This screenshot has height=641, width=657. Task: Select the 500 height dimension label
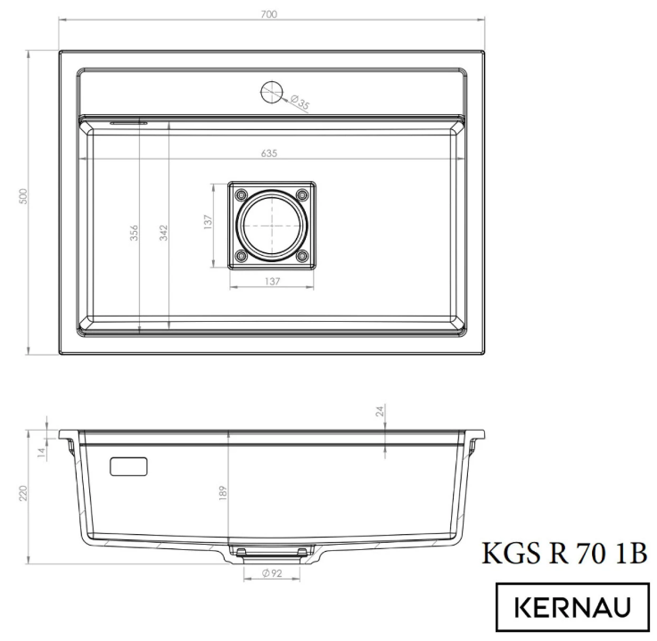point(24,197)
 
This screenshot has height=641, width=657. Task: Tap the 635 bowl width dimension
point(270,152)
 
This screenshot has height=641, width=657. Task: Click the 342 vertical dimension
point(164,232)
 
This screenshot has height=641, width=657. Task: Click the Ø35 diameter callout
point(300,105)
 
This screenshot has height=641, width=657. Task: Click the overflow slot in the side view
point(129,465)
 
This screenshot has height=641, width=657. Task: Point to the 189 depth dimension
point(222,491)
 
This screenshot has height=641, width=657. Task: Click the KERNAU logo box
point(572,608)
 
